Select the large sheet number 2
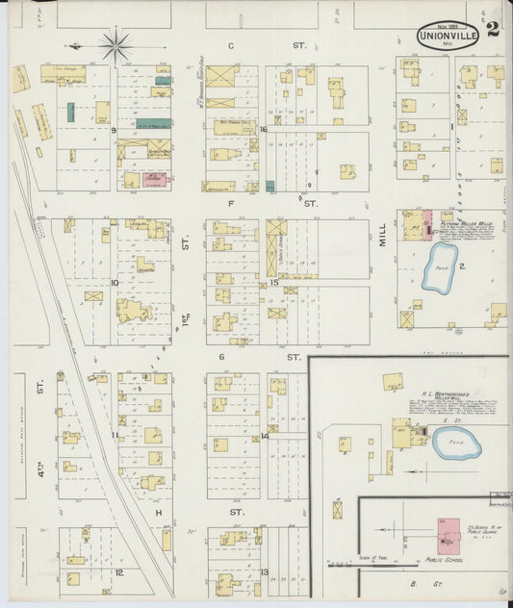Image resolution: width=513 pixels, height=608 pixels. pyautogui.click(x=493, y=28)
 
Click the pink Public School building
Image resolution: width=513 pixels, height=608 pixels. pyautogui.click(x=447, y=530)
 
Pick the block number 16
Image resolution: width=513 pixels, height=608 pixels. pyautogui.click(x=263, y=129)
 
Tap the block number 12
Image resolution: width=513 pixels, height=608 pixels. pyautogui.click(x=119, y=571)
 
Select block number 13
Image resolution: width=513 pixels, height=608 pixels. pyautogui.click(x=264, y=572)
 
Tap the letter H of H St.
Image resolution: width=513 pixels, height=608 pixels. pyautogui.click(x=157, y=513)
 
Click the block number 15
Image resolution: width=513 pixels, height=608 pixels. pyautogui.click(x=273, y=282)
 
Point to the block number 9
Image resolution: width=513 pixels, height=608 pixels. pyautogui.click(x=114, y=129)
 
